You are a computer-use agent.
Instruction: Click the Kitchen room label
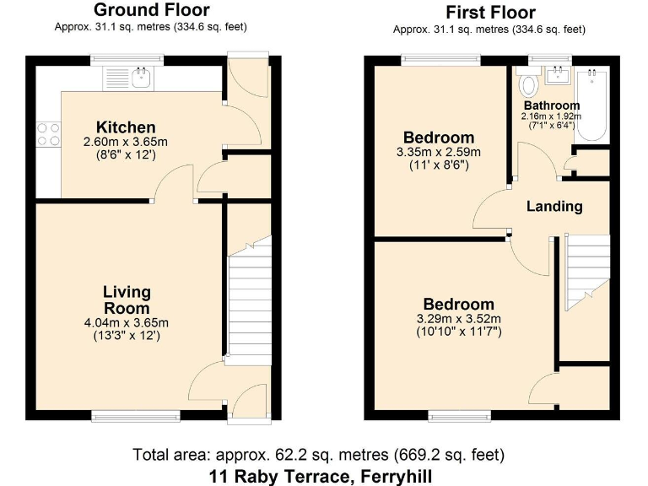125,127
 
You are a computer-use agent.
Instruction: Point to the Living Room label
127,300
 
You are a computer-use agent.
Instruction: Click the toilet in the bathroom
529,84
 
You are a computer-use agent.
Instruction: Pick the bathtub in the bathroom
593,105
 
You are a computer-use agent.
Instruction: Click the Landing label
554,206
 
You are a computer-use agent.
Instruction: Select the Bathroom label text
551,105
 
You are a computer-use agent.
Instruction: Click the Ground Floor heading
151,10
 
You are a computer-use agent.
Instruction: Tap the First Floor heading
489,12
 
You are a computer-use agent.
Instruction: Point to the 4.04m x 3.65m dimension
127,322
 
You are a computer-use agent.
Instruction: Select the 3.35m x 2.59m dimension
438,153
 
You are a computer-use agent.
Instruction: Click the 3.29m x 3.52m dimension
458,319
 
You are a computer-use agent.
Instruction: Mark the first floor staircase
587,270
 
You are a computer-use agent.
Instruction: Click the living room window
136,414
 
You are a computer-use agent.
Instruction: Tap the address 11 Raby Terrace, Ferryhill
321,475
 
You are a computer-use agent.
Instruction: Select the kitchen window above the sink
140,59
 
